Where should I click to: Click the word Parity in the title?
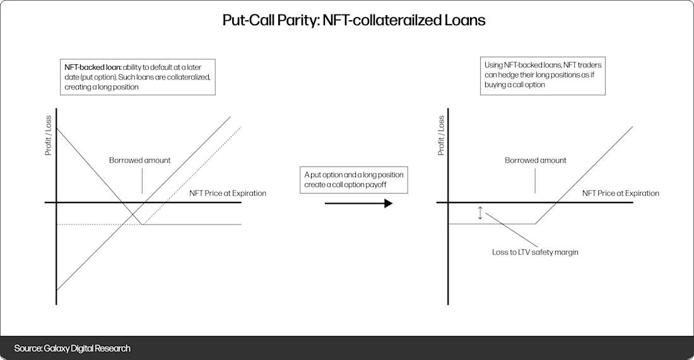[x=298, y=20]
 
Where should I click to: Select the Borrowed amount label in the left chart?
[x=140, y=160]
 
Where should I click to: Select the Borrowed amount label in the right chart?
[x=536, y=160]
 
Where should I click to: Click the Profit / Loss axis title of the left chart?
[x=48, y=136]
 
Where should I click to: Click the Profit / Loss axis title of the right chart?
[x=441, y=136]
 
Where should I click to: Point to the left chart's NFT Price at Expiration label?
[x=228, y=193]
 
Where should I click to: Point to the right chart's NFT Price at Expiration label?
[x=621, y=193]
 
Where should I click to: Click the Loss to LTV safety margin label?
[x=535, y=252]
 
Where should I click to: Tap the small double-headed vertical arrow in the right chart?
[x=480, y=213]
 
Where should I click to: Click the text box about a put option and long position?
[x=353, y=180]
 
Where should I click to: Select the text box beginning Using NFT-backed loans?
[x=543, y=75]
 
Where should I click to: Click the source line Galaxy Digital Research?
[x=72, y=348]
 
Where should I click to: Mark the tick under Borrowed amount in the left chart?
[x=142, y=183]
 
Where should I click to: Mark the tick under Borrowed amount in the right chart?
[x=535, y=183]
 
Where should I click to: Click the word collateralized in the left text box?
[x=189, y=76]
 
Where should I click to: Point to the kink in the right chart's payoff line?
[x=535, y=224]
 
